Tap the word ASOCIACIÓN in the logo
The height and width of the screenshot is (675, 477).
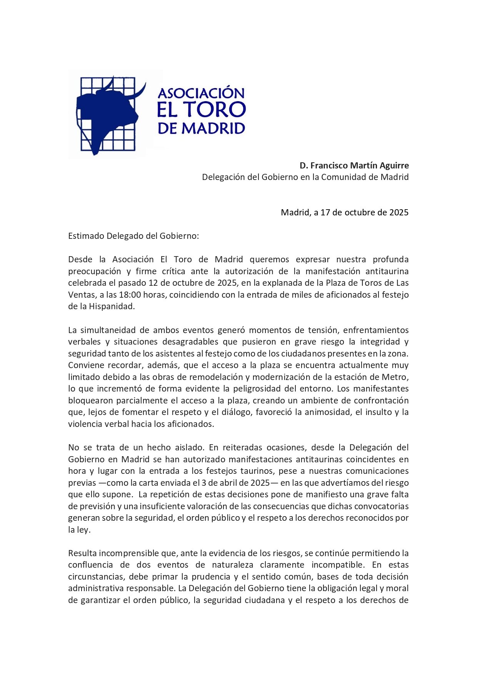click(201, 93)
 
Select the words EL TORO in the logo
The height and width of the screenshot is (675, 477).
click(201, 110)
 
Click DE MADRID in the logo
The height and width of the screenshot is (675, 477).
click(201, 128)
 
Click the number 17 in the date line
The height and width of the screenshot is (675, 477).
click(325, 212)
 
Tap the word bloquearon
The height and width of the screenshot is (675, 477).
click(91, 400)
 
